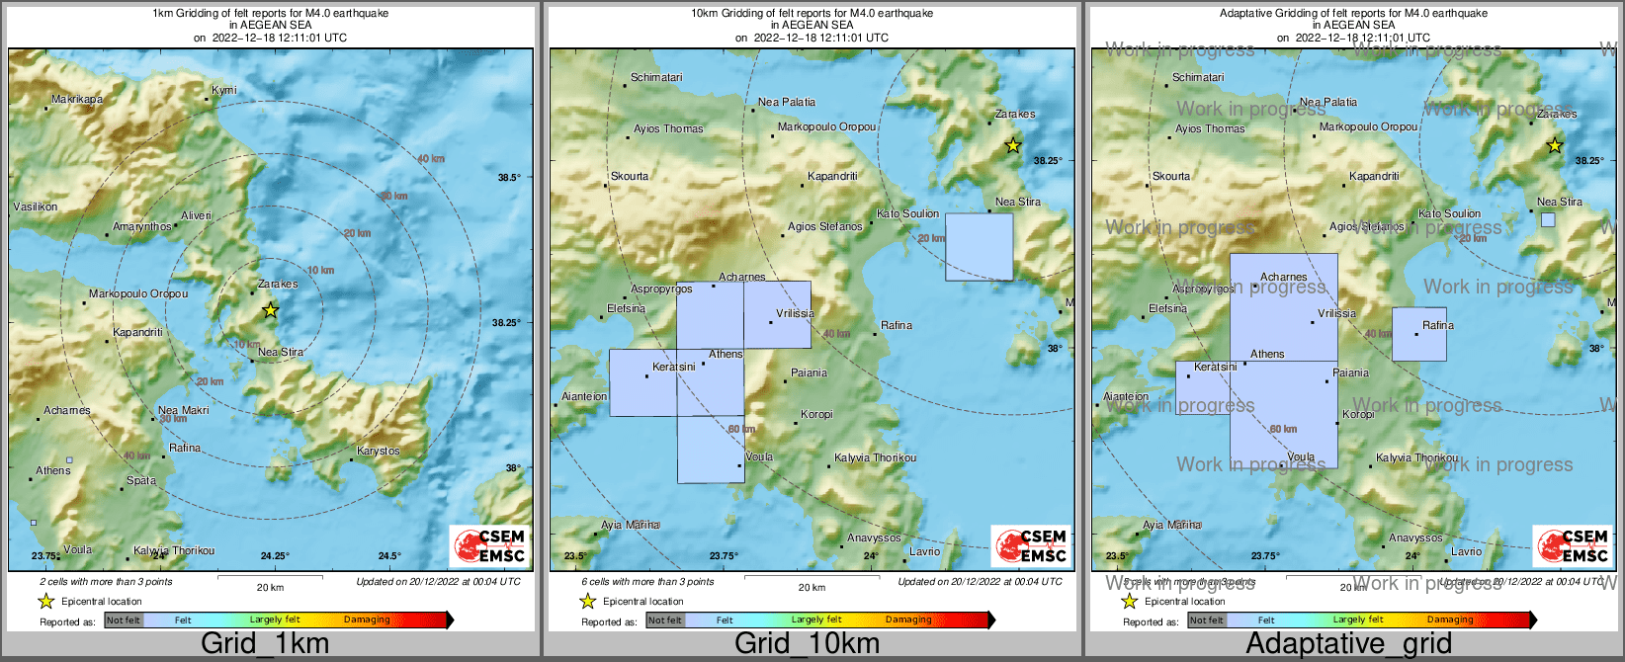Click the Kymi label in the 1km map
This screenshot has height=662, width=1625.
click(x=224, y=90)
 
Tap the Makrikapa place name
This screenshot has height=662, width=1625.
click(x=77, y=99)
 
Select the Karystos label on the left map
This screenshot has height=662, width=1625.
click(x=379, y=451)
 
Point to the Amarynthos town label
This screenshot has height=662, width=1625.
click(x=142, y=226)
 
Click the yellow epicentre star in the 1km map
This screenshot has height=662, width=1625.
click(x=270, y=310)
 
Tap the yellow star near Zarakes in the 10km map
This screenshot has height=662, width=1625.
click(x=1012, y=146)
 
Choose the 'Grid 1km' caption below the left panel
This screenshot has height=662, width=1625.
click(x=265, y=643)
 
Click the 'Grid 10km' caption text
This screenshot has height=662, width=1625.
click(x=807, y=643)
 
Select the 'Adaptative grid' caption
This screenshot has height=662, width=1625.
click(x=1348, y=643)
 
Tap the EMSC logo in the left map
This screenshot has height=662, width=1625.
click(x=488, y=545)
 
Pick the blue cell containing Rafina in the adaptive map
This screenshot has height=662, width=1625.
click(x=1418, y=335)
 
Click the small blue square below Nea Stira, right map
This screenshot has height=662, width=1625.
click(x=1548, y=220)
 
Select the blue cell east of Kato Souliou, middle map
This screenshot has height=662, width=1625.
click(x=979, y=247)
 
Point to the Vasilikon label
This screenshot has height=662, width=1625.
click(x=36, y=207)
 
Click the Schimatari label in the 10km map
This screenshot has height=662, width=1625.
click(x=656, y=77)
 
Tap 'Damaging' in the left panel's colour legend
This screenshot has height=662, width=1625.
click(x=367, y=620)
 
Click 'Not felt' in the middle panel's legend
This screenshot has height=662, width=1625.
click(x=665, y=621)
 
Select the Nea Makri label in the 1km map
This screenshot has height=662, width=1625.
click(x=184, y=410)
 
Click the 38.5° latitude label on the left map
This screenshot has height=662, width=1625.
click(x=508, y=177)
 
